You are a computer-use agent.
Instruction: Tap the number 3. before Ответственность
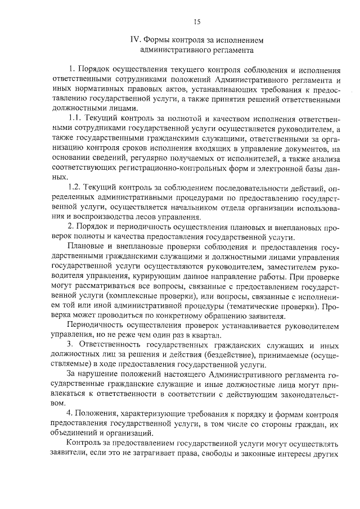pyautogui.click(x=70, y=343)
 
